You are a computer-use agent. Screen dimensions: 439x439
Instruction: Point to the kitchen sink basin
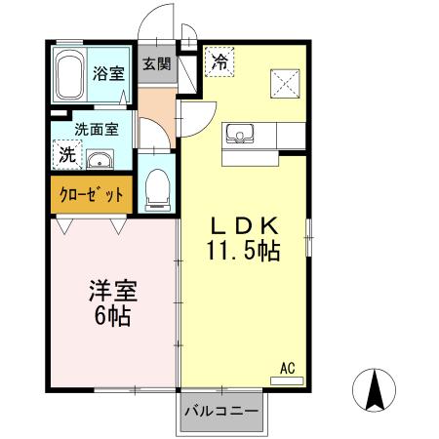click(x=240, y=133)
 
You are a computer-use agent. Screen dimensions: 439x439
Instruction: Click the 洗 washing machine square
click(x=66, y=154)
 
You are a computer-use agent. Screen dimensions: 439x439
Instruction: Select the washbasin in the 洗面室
click(x=99, y=160)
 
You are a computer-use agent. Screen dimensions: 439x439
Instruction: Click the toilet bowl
click(x=157, y=187)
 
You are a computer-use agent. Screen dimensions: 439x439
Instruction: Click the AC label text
click(x=288, y=368)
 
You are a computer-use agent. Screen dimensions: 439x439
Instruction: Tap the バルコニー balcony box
click(x=221, y=412)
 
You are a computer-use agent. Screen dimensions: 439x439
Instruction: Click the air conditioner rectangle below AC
click(x=287, y=380)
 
